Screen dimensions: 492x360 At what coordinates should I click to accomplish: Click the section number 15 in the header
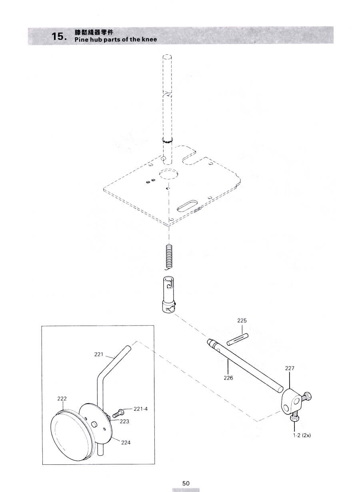pyautogui.click(x=59, y=36)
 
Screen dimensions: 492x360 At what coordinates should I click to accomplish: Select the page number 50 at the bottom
pyautogui.click(x=186, y=483)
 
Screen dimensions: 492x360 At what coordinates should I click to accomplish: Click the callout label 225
pyautogui.click(x=242, y=320)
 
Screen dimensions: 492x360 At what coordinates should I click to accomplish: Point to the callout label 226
pyautogui.click(x=228, y=377)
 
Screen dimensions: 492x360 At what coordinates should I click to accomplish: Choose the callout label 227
pyautogui.click(x=290, y=368)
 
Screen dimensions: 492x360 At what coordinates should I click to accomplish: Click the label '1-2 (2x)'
pyautogui.click(x=302, y=435)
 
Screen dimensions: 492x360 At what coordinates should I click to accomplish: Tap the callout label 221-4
pyautogui.click(x=140, y=409)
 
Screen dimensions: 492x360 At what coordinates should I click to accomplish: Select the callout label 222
pyautogui.click(x=62, y=398)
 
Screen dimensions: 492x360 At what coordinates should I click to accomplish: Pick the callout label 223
pyautogui.click(x=124, y=421)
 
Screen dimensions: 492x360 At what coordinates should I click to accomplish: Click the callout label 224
pyautogui.click(x=126, y=442)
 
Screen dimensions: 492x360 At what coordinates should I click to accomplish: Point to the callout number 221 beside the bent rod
pyautogui.click(x=99, y=354)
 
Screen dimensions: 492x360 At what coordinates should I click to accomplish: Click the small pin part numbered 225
pyautogui.click(x=238, y=339)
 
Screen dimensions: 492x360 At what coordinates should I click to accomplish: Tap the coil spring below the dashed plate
pyautogui.click(x=169, y=257)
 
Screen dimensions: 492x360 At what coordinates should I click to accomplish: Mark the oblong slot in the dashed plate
pyautogui.click(x=187, y=206)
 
